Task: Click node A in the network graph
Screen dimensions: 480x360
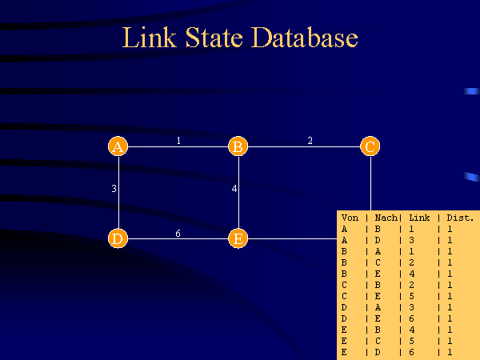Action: [x=118, y=146]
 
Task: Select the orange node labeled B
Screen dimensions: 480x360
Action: [x=238, y=146]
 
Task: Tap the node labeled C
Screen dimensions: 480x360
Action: [x=370, y=146]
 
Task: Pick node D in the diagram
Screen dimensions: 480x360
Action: [x=118, y=238]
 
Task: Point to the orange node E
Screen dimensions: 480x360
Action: [x=238, y=238]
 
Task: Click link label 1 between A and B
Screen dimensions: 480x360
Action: [x=178, y=141]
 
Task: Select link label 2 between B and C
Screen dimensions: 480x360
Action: [x=310, y=141]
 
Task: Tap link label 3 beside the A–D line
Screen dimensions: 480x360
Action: [x=114, y=189]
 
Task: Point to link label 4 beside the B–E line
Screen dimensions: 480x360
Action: [x=234, y=189]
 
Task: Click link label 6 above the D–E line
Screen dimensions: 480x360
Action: [x=178, y=234]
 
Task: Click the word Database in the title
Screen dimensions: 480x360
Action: [x=305, y=38]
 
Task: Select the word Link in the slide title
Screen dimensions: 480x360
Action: [x=150, y=38]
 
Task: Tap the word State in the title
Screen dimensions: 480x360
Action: [x=214, y=38]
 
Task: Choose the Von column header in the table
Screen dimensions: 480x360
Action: [x=350, y=218]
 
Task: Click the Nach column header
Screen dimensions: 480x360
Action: [x=386, y=218]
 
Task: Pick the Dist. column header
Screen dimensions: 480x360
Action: [x=460, y=218]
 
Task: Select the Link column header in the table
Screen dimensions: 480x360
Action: [x=419, y=218]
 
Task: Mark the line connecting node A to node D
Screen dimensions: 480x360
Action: [x=118, y=192]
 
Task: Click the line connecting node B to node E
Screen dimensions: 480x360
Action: [x=238, y=192]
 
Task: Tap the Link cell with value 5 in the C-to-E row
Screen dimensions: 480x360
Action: [x=412, y=296]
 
